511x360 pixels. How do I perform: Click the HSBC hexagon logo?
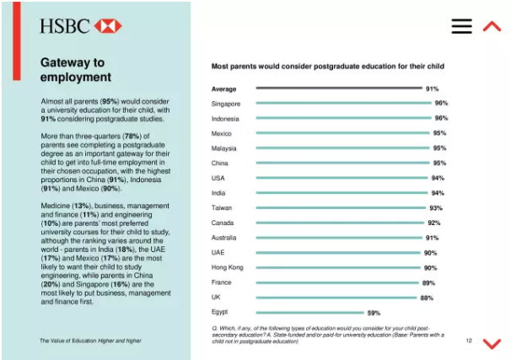click(108, 25)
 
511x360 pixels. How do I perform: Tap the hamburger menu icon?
click(461, 26)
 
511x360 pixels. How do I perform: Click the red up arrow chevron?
click(492, 26)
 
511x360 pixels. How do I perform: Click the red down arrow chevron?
click(492, 342)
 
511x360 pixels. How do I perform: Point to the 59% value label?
click(374, 313)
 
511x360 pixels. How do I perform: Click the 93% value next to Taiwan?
click(436, 208)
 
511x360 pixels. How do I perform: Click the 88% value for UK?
click(428, 298)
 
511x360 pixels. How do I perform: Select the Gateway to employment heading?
click(76, 70)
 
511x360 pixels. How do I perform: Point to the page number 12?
click(468, 341)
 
